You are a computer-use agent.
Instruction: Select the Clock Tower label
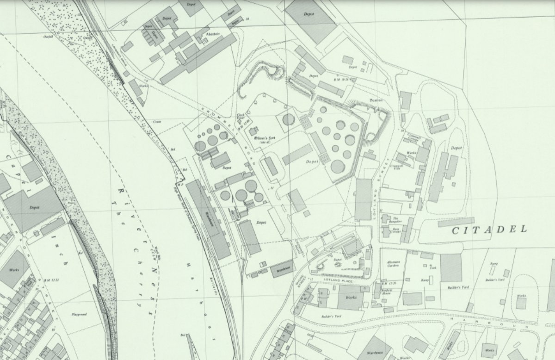pyautogui.click(x=240, y=117)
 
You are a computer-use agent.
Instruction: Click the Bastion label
pyautogui.click(x=375, y=100)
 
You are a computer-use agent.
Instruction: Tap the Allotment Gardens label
pyautogui.click(x=393, y=264)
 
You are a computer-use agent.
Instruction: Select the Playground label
pyautogui.click(x=80, y=314)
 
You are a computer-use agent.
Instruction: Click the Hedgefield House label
pyautogui.click(x=386, y=290)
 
